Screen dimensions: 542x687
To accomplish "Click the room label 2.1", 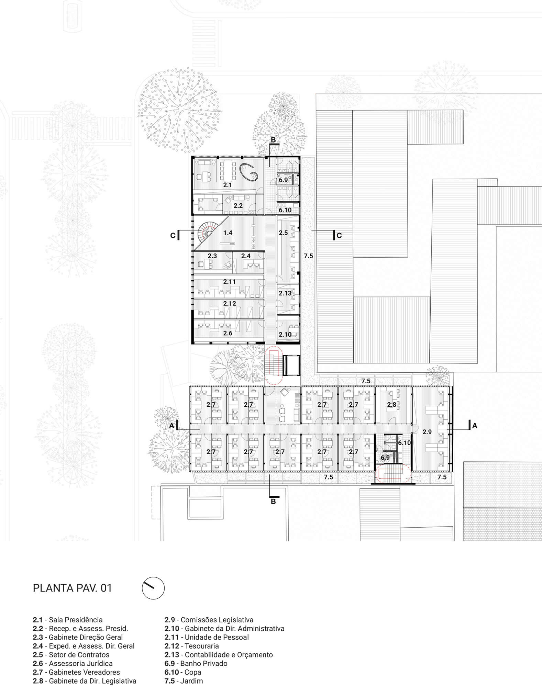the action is click(228, 185).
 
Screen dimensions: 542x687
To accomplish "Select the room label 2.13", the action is click(285, 293).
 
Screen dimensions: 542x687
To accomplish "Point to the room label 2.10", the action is click(285, 334).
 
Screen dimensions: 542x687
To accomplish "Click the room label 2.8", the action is click(392, 405).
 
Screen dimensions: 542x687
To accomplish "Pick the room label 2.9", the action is click(427, 432).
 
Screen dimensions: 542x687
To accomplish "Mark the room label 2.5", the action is click(283, 233).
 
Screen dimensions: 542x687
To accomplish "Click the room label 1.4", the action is click(228, 233).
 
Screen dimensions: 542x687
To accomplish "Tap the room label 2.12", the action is click(230, 303).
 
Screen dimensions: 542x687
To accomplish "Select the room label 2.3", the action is click(212, 256).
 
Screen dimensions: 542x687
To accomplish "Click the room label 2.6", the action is click(228, 333).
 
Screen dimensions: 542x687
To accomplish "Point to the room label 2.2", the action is click(238, 206).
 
